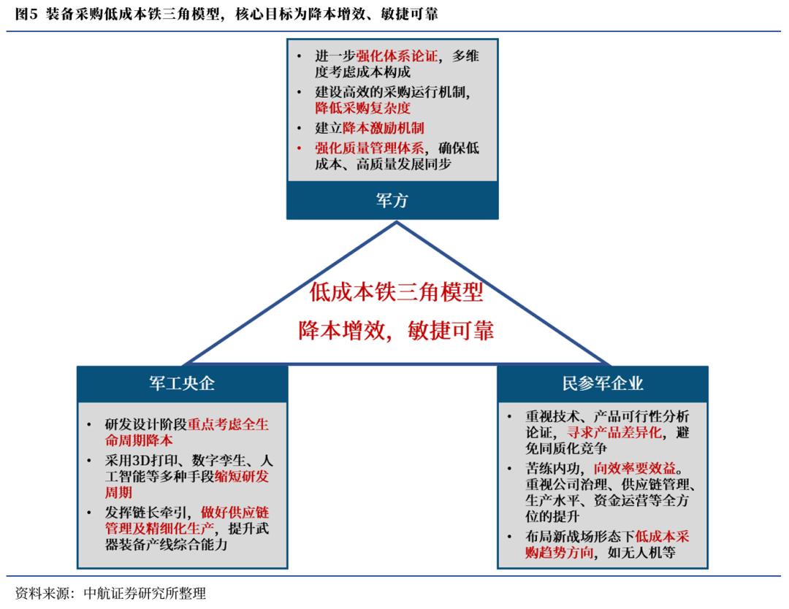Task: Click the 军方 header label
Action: (x=392, y=201)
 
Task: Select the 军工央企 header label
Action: (x=182, y=384)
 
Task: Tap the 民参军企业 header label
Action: (x=603, y=384)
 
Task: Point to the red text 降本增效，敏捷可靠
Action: (x=396, y=331)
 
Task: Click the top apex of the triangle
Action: (x=397, y=223)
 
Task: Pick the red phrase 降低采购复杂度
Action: (x=362, y=108)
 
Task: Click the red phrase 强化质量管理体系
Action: (x=369, y=148)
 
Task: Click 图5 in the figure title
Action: (x=26, y=15)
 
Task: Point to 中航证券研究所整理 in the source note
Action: (x=145, y=593)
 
